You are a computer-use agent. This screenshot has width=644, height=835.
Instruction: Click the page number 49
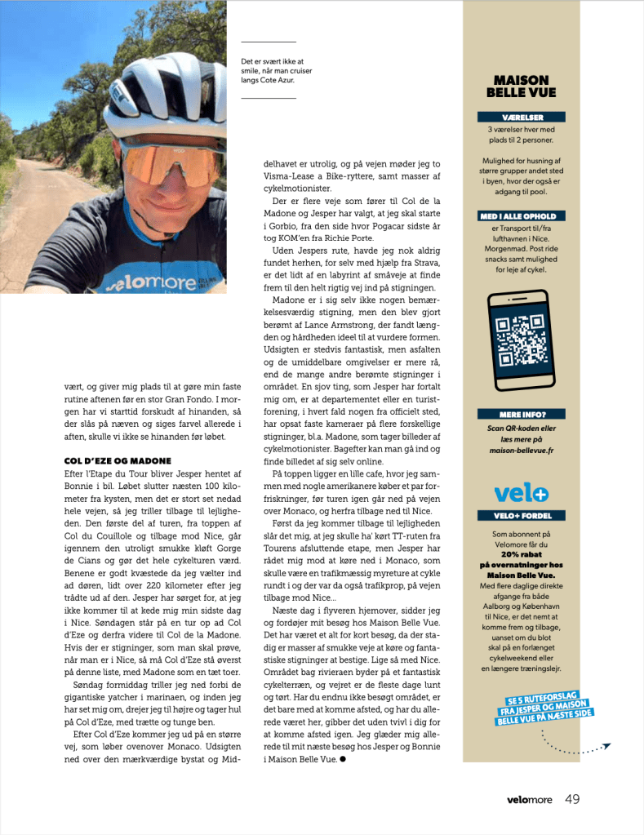click(x=572, y=799)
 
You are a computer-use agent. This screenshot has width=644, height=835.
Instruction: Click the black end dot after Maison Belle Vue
click(x=343, y=759)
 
